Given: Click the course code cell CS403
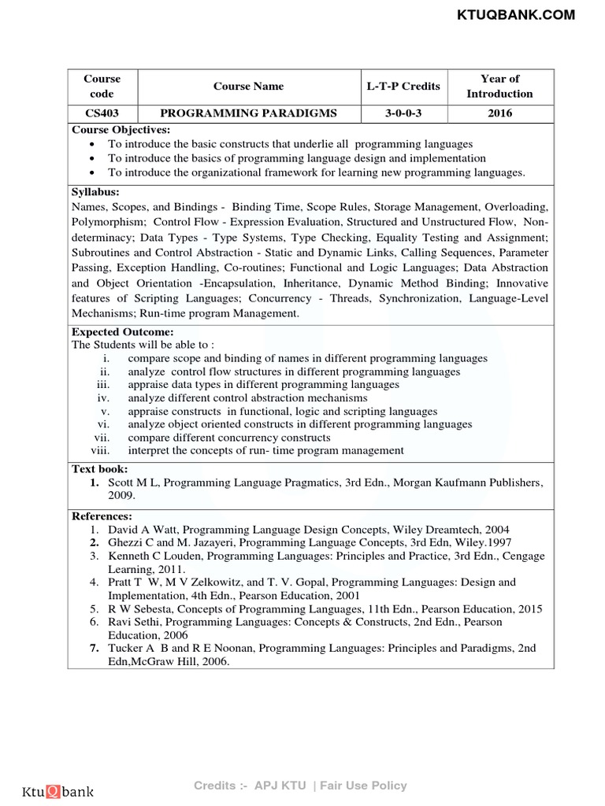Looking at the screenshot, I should click(102, 113).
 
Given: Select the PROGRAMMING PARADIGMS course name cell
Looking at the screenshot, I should click(248, 113).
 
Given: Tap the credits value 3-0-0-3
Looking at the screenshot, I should click(403, 113).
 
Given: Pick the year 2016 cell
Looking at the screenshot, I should click(499, 113).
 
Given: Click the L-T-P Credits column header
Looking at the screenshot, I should click(403, 86).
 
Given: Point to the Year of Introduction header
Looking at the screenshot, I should click(499, 86).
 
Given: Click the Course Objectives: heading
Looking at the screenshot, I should click(121, 130).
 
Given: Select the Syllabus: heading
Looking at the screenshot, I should click(96, 192).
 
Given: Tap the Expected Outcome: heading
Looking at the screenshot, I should click(122, 332).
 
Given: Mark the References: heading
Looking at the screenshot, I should click(102, 516).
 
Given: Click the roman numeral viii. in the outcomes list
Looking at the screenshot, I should click(99, 451).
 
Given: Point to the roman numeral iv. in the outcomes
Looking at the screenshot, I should click(102, 398).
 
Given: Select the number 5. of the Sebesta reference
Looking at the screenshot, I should click(93, 609).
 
